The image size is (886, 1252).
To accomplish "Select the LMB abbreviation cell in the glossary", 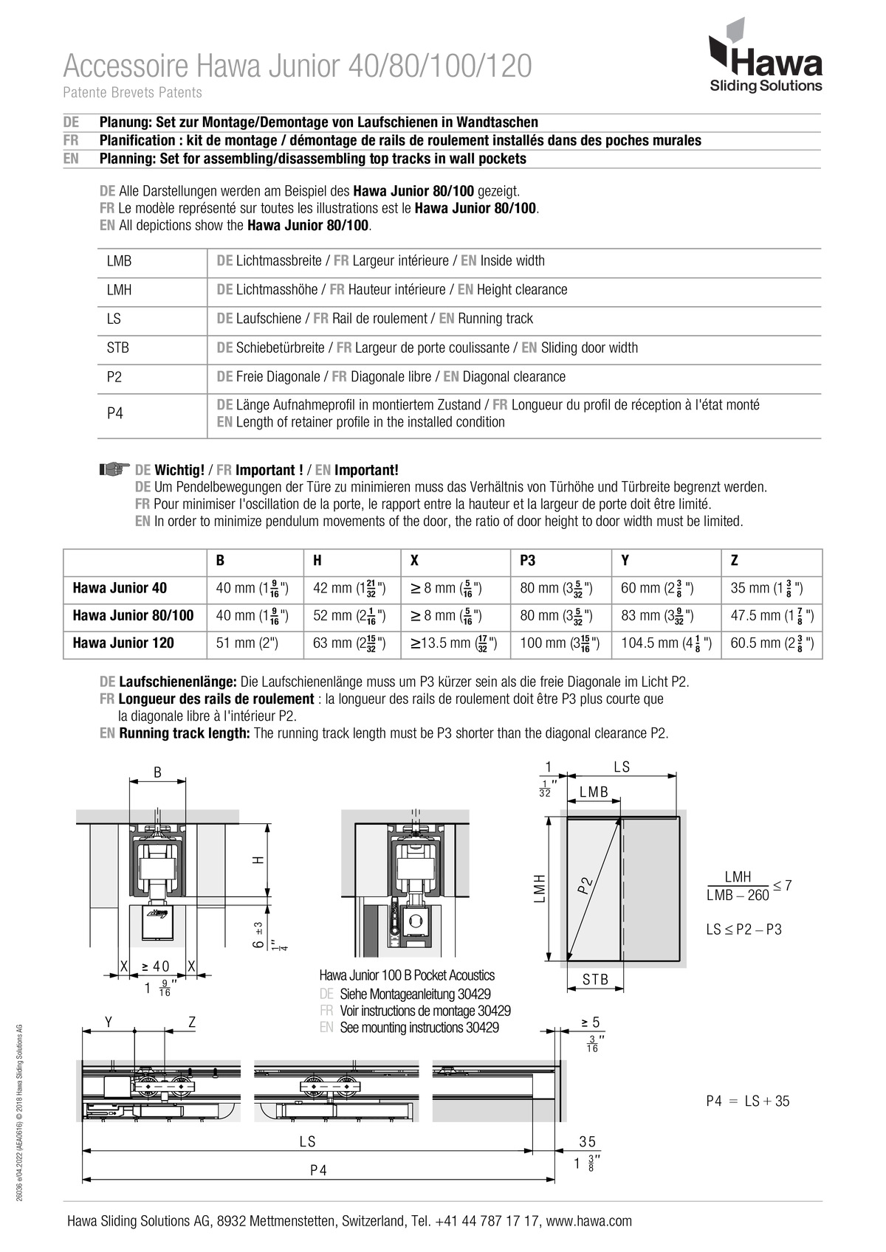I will coord(119,261).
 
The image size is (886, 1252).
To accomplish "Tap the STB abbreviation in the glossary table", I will coord(118,347).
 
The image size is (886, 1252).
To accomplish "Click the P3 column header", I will coord(528,561).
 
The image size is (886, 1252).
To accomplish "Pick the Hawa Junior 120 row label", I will coord(123,643).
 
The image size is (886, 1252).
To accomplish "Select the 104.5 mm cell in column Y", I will coord(665,643).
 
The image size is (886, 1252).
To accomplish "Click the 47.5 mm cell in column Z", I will coord(772,615).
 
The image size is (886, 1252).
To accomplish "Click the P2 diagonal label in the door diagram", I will coord(585,885).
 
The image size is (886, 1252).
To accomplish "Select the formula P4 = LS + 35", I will coord(747,1101).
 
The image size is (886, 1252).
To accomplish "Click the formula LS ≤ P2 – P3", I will coord(744,930).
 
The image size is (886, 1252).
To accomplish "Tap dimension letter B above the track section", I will coord(157,772).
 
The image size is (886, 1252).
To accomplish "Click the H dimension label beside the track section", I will coord(258,860).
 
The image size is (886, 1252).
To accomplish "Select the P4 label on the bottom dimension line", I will coord(318,1170).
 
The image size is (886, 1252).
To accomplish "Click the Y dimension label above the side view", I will coord(109,1022).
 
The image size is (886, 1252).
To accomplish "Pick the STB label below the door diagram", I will coord(595,980).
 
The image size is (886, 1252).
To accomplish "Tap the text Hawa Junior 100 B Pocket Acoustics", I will coord(407,975).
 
